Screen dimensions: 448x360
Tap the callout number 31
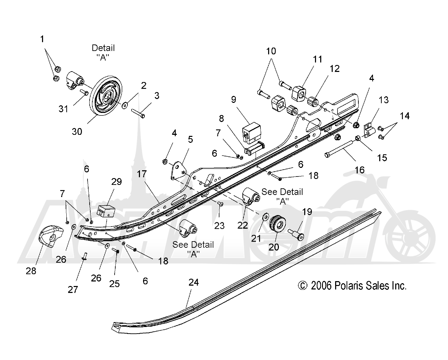click(63, 109)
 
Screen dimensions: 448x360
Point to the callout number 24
click(193, 282)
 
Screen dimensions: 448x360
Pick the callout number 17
click(142, 174)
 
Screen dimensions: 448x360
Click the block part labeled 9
click(252, 133)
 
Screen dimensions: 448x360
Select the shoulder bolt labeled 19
click(296, 234)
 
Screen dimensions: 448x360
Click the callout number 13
click(384, 100)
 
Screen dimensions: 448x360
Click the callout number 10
click(271, 51)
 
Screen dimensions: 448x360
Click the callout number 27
click(73, 289)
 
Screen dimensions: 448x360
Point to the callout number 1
click(42, 39)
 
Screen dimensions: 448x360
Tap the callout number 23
click(219, 226)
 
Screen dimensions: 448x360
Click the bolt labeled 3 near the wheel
click(138, 113)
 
